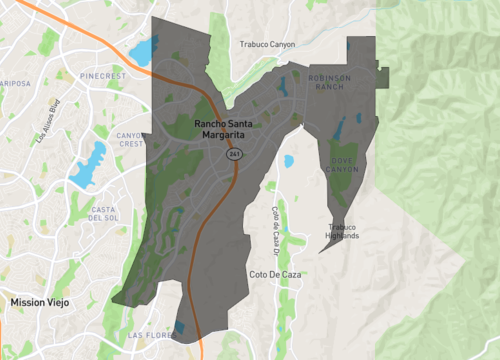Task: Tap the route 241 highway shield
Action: point(234,155)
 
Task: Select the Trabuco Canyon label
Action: point(269,44)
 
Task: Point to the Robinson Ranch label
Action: point(331,82)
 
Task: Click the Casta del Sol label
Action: point(104,212)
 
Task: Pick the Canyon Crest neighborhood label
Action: point(130,139)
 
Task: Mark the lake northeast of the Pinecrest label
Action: point(143,51)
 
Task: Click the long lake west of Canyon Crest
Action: point(88,163)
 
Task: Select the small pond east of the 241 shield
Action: point(289,160)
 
